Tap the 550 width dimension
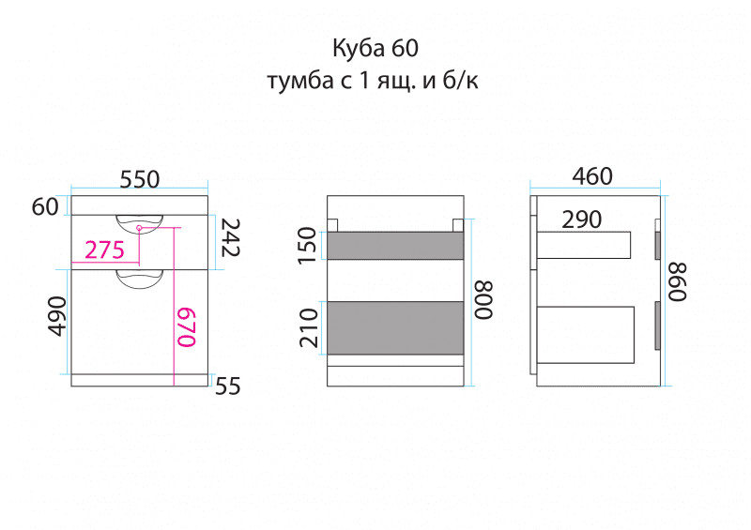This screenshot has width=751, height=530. (139, 178)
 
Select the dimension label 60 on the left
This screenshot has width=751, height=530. (45, 207)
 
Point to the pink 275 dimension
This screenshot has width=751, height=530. (104, 250)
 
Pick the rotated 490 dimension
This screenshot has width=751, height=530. (56, 316)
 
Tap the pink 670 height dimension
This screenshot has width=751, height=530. (187, 326)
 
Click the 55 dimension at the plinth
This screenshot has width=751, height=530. (228, 385)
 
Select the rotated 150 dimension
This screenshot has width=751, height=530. (308, 246)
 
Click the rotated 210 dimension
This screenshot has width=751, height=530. (308, 327)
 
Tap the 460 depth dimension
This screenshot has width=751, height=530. (592, 176)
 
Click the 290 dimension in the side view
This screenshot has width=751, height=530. (582, 220)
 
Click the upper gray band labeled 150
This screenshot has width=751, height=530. (395, 246)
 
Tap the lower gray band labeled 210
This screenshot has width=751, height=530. (395, 327)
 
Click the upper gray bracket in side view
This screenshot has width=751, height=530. (657, 243)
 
